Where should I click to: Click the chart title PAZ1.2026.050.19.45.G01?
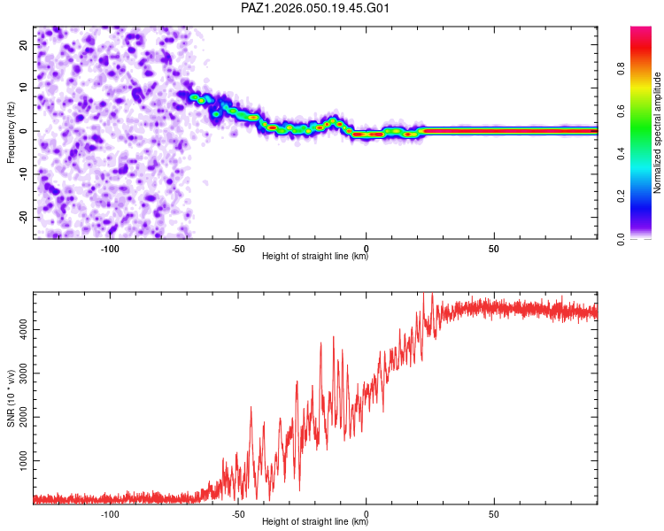click(315, 8)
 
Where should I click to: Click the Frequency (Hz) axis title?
click(12, 132)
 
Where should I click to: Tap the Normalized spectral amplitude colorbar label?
click(658, 133)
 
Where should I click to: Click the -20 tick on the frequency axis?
click(24, 217)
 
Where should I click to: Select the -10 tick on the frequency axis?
click(24, 174)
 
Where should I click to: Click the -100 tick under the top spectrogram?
click(110, 249)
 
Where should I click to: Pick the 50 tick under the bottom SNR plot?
click(494, 514)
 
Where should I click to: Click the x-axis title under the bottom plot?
click(315, 523)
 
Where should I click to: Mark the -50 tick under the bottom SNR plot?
click(238, 514)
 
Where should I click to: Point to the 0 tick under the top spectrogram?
click(366, 249)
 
